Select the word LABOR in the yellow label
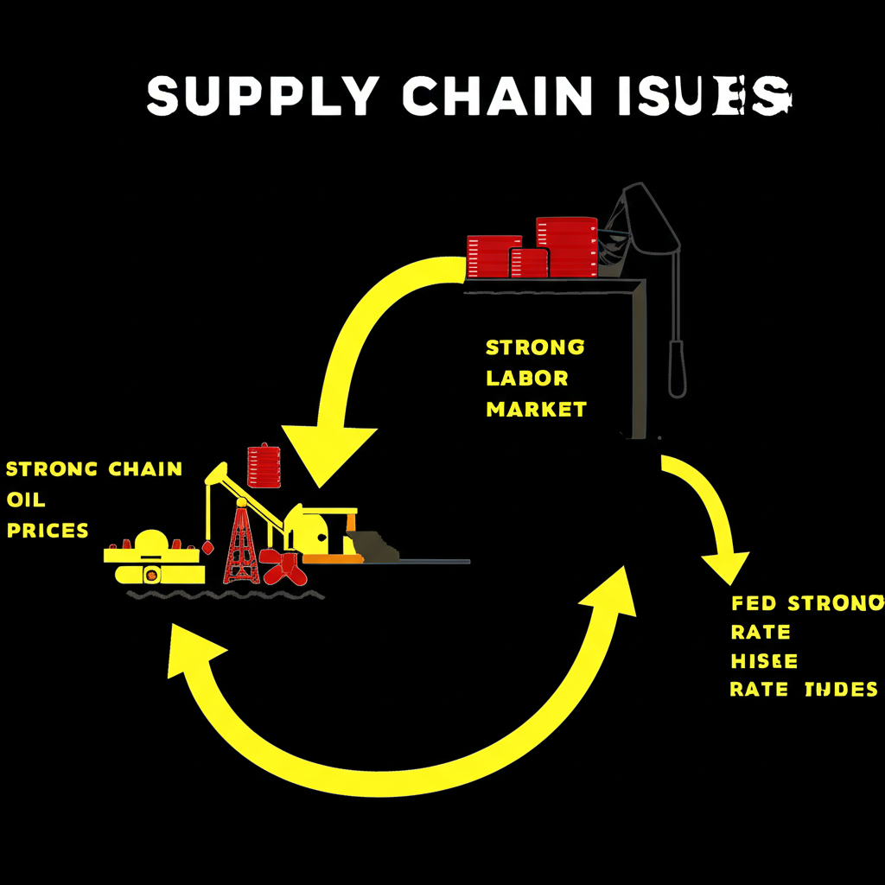coord(527,379)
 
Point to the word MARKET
coord(536,409)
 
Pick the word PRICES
coord(48,530)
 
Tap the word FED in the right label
coord(754,602)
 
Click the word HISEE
coord(764,661)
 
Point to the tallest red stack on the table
coord(567,246)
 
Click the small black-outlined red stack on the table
coord(529,263)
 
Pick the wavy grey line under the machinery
coord(225,595)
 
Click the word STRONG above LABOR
coord(535,347)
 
